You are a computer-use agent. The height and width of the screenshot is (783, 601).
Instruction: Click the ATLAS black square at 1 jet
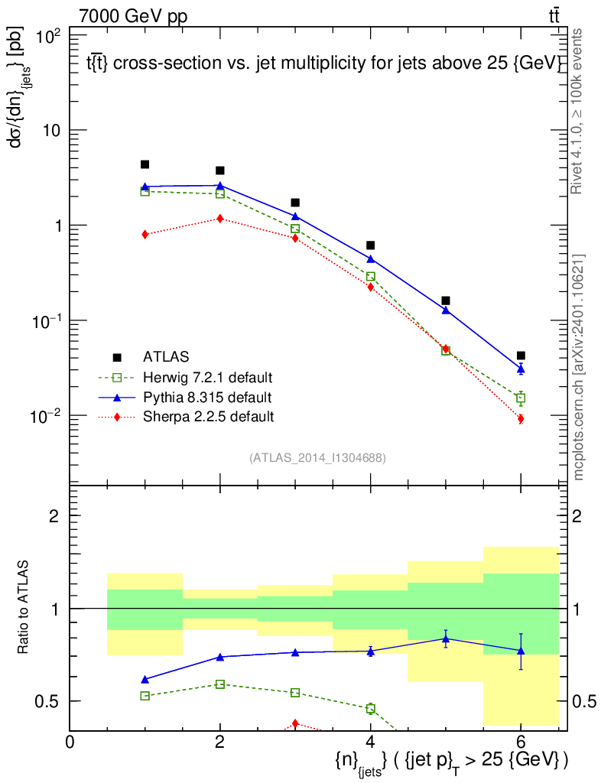coord(145,164)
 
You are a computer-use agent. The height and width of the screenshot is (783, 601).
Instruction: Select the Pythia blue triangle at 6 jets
coord(521,369)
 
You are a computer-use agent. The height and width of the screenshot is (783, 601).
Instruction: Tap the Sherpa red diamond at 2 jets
coord(220,219)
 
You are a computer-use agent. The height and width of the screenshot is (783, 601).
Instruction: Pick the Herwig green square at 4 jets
coord(371,276)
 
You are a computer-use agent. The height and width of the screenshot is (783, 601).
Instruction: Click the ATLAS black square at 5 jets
coord(446,301)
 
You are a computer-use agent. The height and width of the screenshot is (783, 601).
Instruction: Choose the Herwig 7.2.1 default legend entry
coord(207,377)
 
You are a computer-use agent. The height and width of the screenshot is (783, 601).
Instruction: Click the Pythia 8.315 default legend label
coord(206,397)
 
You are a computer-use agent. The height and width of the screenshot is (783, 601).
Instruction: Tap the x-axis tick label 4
coord(370,741)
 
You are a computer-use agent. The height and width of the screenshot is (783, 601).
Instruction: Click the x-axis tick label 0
coord(70,741)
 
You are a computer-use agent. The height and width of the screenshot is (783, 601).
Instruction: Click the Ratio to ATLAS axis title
coord(24,608)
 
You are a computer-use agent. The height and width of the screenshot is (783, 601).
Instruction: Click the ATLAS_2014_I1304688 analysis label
coord(317,458)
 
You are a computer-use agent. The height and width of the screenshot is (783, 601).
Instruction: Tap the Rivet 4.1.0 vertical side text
coord(577,111)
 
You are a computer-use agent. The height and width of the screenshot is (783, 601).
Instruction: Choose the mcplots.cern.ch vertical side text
coord(579,367)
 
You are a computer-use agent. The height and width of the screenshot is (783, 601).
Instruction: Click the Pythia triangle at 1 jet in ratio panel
coord(145,679)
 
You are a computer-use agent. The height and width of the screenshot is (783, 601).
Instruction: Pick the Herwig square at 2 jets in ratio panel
coord(220,684)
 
